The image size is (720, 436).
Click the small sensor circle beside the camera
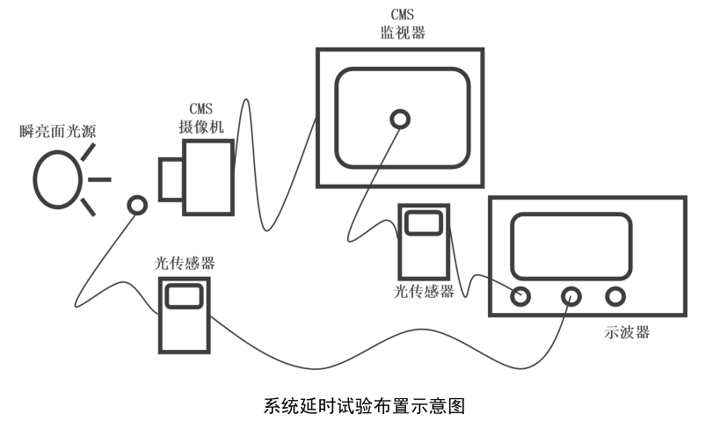[x=136, y=205]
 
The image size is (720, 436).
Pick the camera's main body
[x=208, y=172]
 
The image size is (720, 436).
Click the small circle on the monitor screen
[x=400, y=118]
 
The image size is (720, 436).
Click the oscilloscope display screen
[x=571, y=245]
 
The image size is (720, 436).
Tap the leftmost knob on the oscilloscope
[x=520, y=295]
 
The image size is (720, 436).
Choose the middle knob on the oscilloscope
[x=571, y=295]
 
